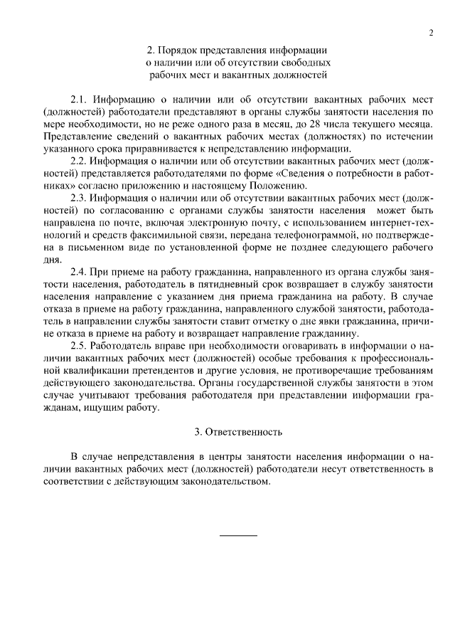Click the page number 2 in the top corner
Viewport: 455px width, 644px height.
[432, 33]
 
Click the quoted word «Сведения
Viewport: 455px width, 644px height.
[300, 173]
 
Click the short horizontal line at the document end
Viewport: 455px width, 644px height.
[238, 534]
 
